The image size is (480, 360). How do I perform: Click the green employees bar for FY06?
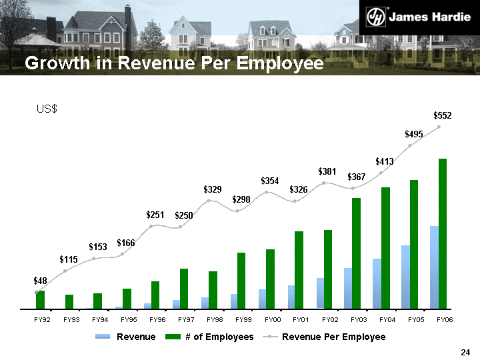coord(443,233)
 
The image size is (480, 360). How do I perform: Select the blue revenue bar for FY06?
coord(434,267)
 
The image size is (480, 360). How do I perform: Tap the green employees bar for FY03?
coord(357,253)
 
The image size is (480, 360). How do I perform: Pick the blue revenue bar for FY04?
coord(377,283)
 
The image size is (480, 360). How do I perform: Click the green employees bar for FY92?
coord(41,300)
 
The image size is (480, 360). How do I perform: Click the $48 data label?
coord(41,281)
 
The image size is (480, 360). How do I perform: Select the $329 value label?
coord(213,190)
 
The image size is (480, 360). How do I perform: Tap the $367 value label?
coord(357,177)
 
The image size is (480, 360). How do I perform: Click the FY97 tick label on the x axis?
coord(186,321)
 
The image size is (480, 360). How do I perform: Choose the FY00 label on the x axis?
coord(273,321)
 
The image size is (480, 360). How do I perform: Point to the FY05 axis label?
coord(416,321)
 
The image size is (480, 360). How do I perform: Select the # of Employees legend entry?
coord(219,337)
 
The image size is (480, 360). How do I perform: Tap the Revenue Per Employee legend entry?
coord(333,337)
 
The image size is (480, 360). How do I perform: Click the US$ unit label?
coord(47,109)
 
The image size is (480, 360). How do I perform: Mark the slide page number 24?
coord(466,352)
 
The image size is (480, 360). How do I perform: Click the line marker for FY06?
coord(439,127)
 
